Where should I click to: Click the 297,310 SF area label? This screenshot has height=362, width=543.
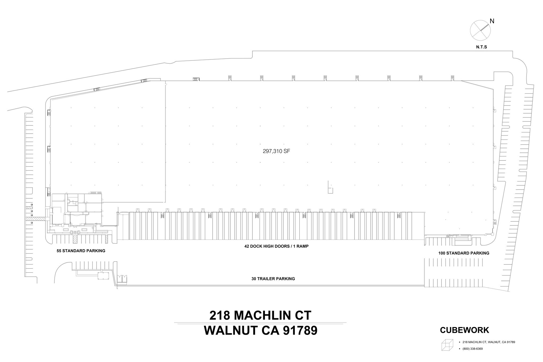pos(276,151)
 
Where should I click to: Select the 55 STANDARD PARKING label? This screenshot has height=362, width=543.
pos(81,251)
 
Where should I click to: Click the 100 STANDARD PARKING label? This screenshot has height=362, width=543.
pos(464,253)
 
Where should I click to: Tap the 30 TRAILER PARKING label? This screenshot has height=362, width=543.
pos(273,279)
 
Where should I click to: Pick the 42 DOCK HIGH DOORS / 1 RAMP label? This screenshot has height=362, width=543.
pos(276,246)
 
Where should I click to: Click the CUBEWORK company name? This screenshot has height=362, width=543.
pos(465,330)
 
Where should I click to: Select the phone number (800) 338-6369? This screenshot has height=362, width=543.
pos(472,349)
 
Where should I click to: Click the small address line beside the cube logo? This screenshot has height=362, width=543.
pos(489,342)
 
